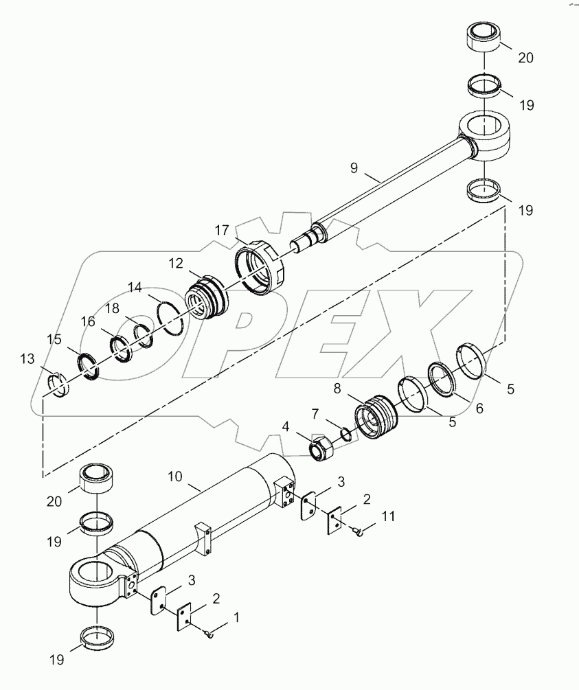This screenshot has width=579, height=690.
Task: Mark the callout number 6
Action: click(x=479, y=407)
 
